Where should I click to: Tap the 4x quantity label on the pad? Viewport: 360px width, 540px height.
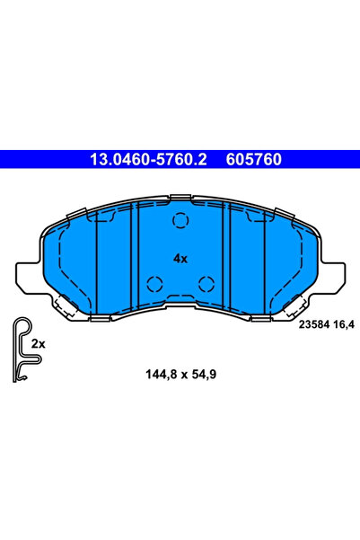[180, 258]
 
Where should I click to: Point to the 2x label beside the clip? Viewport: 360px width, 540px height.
[39, 344]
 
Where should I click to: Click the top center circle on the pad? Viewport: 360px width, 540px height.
[180, 220]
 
